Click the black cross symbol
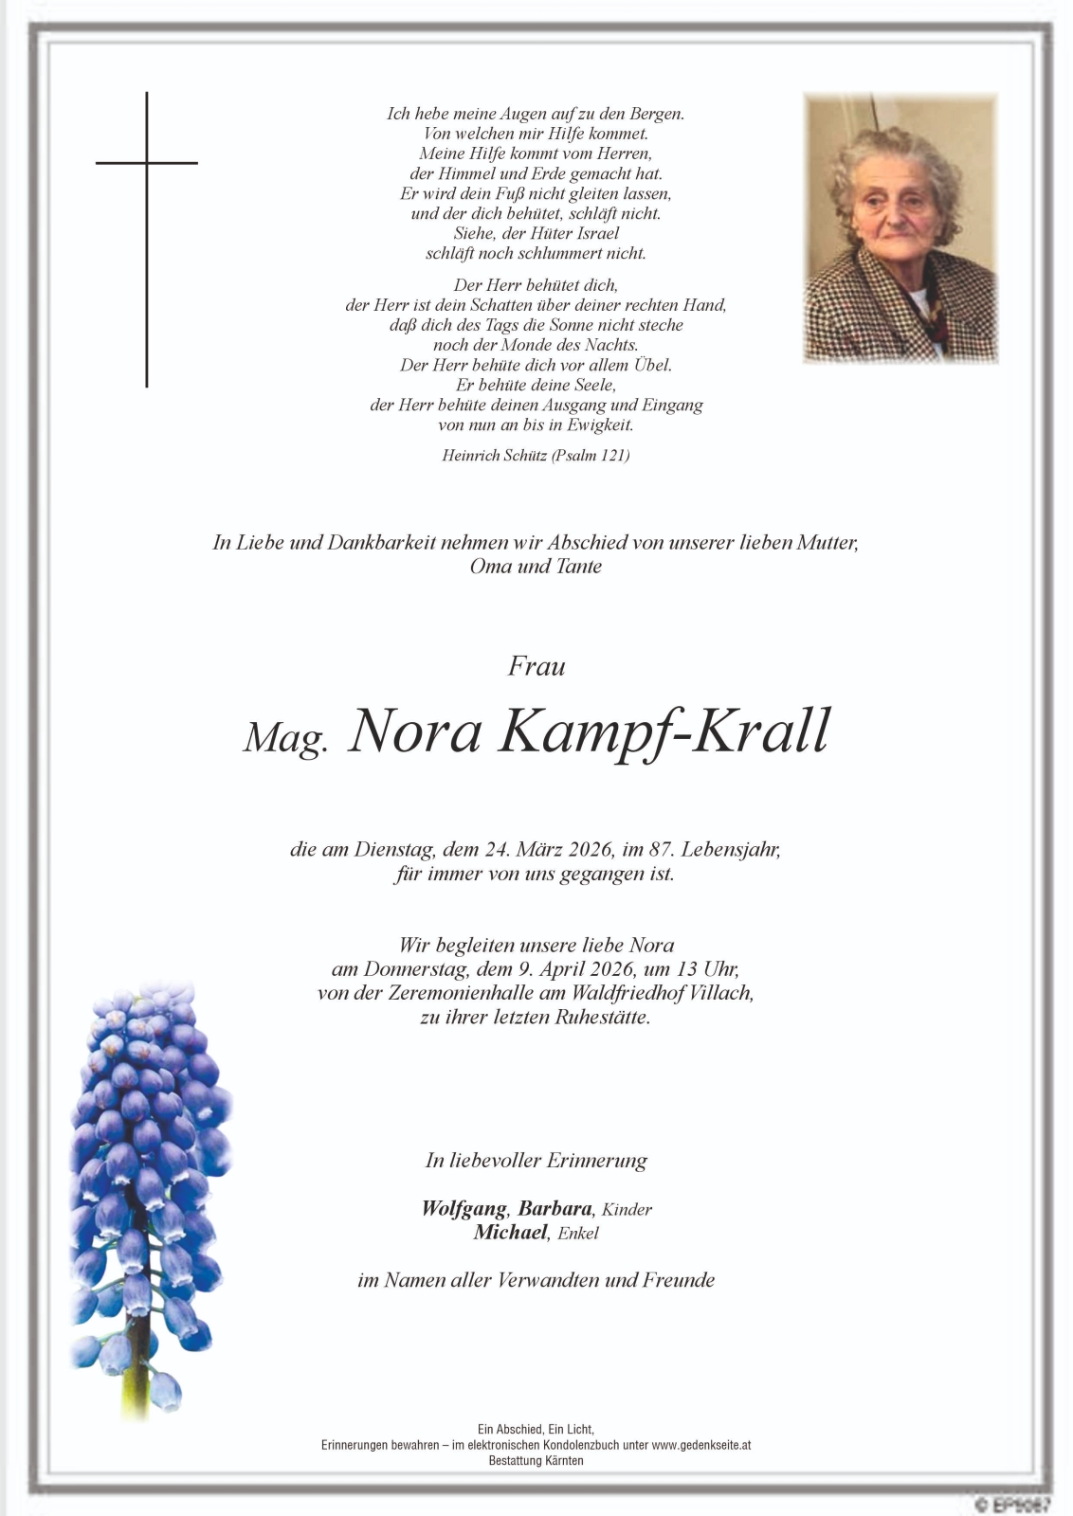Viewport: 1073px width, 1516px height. tap(147, 189)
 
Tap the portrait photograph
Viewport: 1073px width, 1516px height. tap(900, 227)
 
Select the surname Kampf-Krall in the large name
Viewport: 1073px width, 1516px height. tap(664, 731)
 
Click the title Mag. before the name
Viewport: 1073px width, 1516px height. tap(285, 736)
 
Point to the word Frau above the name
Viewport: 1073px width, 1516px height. tap(536, 666)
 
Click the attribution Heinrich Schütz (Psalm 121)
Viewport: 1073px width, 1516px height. tap(536, 456)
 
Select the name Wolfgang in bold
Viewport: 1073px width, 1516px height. tap(464, 1208)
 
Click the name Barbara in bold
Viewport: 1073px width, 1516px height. tap(555, 1208)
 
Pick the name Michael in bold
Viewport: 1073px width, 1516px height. tap(511, 1232)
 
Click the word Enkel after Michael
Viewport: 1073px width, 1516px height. tap(578, 1234)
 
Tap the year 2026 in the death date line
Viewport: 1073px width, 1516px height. tap(591, 849)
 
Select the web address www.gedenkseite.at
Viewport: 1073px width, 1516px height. tap(701, 1445)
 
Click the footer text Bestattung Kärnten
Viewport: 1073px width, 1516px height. tap(536, 1461)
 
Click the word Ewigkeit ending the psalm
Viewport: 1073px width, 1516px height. tap(601, 425)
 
